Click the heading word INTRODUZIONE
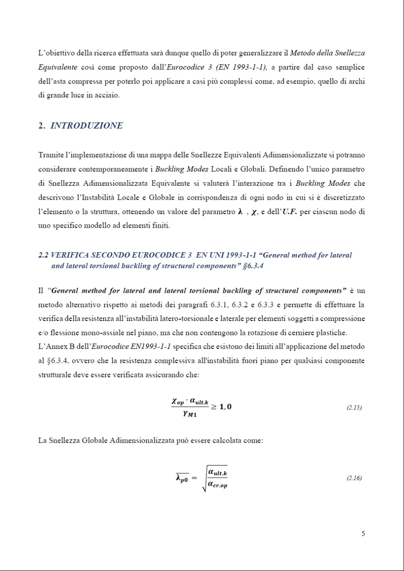pos(87,126)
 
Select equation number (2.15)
pos(354,408)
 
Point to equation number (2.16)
pos(354,478)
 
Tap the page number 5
pos(363,534)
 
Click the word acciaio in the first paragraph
pos(108,96)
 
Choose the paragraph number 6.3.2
pos(245,305)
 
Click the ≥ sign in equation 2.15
pos(216,407)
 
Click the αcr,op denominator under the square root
pos(218,485)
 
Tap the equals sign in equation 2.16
pos(194,478)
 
